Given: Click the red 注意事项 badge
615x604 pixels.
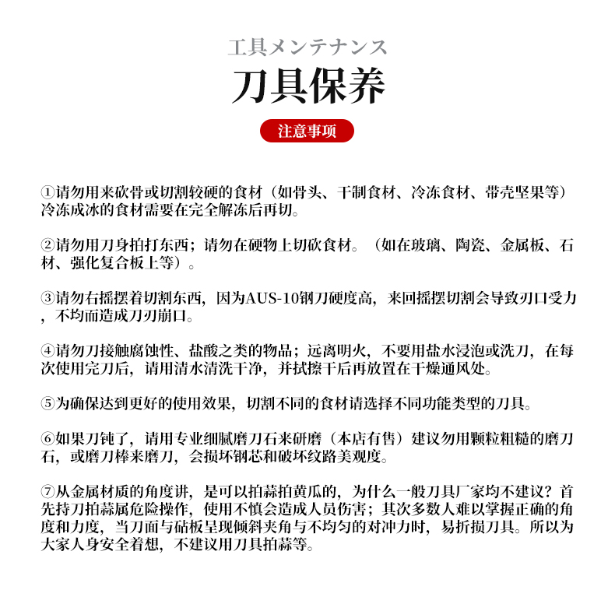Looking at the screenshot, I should pos(307,131).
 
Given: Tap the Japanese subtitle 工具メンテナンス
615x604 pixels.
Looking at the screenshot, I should pos(307,47).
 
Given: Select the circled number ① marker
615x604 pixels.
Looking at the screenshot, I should pos(47,192).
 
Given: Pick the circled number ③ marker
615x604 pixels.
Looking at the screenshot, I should pos(47,300).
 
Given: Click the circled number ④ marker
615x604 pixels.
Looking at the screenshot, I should pos(47,351).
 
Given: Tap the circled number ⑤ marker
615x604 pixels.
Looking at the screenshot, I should pos(47,404).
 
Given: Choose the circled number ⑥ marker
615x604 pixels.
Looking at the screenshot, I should pos(47,439).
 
